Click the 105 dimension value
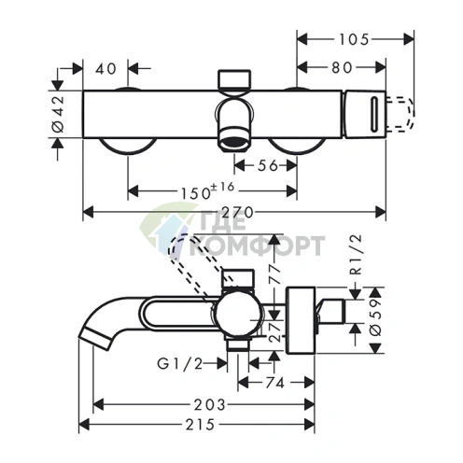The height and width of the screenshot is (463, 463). [354, 39]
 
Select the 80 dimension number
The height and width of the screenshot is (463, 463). [342, 67]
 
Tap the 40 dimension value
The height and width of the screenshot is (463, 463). [105, 69]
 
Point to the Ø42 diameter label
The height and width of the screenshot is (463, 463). [59, 114]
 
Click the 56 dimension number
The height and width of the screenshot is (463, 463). [268, 165]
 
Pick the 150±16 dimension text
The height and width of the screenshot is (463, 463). [207, 190]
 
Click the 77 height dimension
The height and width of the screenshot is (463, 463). [274, 274]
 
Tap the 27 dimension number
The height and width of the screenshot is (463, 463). [274, 332]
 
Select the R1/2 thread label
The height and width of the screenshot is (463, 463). [357, 255]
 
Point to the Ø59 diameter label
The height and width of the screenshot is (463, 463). [376, 317]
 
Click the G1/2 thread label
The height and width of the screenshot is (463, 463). [180, 363]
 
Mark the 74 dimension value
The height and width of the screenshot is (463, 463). [274, 383]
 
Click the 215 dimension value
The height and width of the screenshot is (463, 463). [200, 425]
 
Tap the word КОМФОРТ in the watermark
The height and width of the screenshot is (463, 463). [257, 246]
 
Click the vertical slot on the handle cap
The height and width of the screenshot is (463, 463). [373, 114]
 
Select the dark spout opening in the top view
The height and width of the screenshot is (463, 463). [234, 143]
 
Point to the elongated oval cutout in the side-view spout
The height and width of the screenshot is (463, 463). [178, 313]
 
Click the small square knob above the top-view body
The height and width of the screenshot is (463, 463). [234, 79]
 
